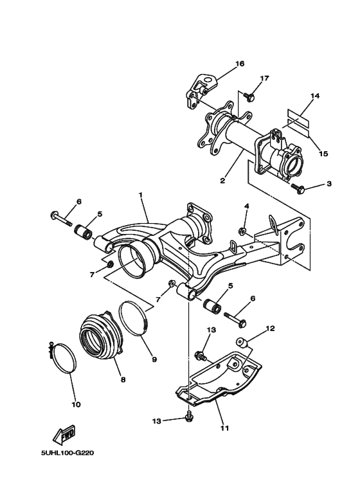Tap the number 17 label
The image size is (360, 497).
[264, 78]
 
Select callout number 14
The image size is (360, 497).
[314, 96]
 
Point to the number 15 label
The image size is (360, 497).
[323, 154]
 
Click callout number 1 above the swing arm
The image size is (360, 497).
[140, 194]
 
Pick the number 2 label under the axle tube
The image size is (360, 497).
[222, 181]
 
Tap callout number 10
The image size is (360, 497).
[75, 404]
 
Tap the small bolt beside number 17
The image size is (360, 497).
[251, 98]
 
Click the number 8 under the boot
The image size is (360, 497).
[122, 379]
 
